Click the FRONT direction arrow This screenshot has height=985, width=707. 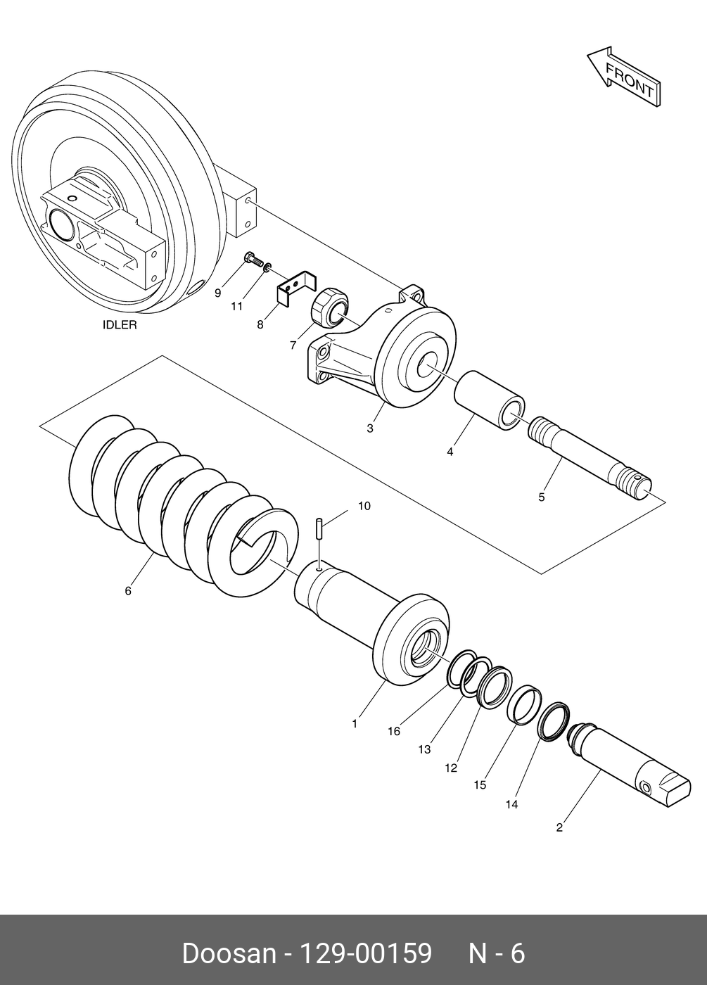624,77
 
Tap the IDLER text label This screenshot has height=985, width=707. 120,325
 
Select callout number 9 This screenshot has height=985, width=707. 217,293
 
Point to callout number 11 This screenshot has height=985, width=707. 237,306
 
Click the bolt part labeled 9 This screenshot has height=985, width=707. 251,260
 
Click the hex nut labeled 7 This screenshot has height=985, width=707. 329,307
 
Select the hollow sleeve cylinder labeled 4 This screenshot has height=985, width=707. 488,400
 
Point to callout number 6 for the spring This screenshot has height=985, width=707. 128,591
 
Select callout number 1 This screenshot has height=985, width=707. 355,723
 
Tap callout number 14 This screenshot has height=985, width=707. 511,804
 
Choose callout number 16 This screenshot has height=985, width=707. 393,731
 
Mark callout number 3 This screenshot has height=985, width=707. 370,428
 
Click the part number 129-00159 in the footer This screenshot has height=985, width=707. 366,954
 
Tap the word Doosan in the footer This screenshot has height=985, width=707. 229,954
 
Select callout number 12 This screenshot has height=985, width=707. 451,768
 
